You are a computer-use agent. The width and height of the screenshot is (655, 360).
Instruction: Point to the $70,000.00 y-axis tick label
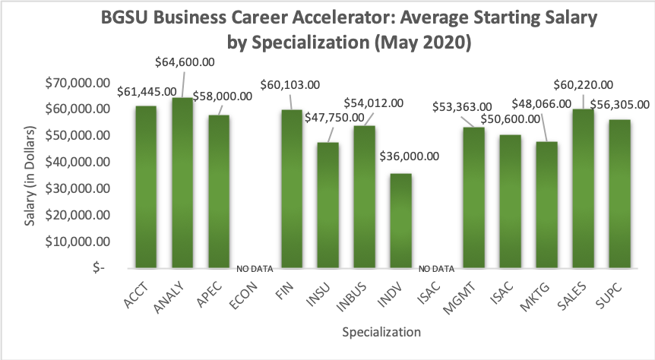[x=74, y=82]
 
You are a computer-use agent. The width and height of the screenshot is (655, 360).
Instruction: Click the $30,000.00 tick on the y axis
[x=74, y=188]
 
